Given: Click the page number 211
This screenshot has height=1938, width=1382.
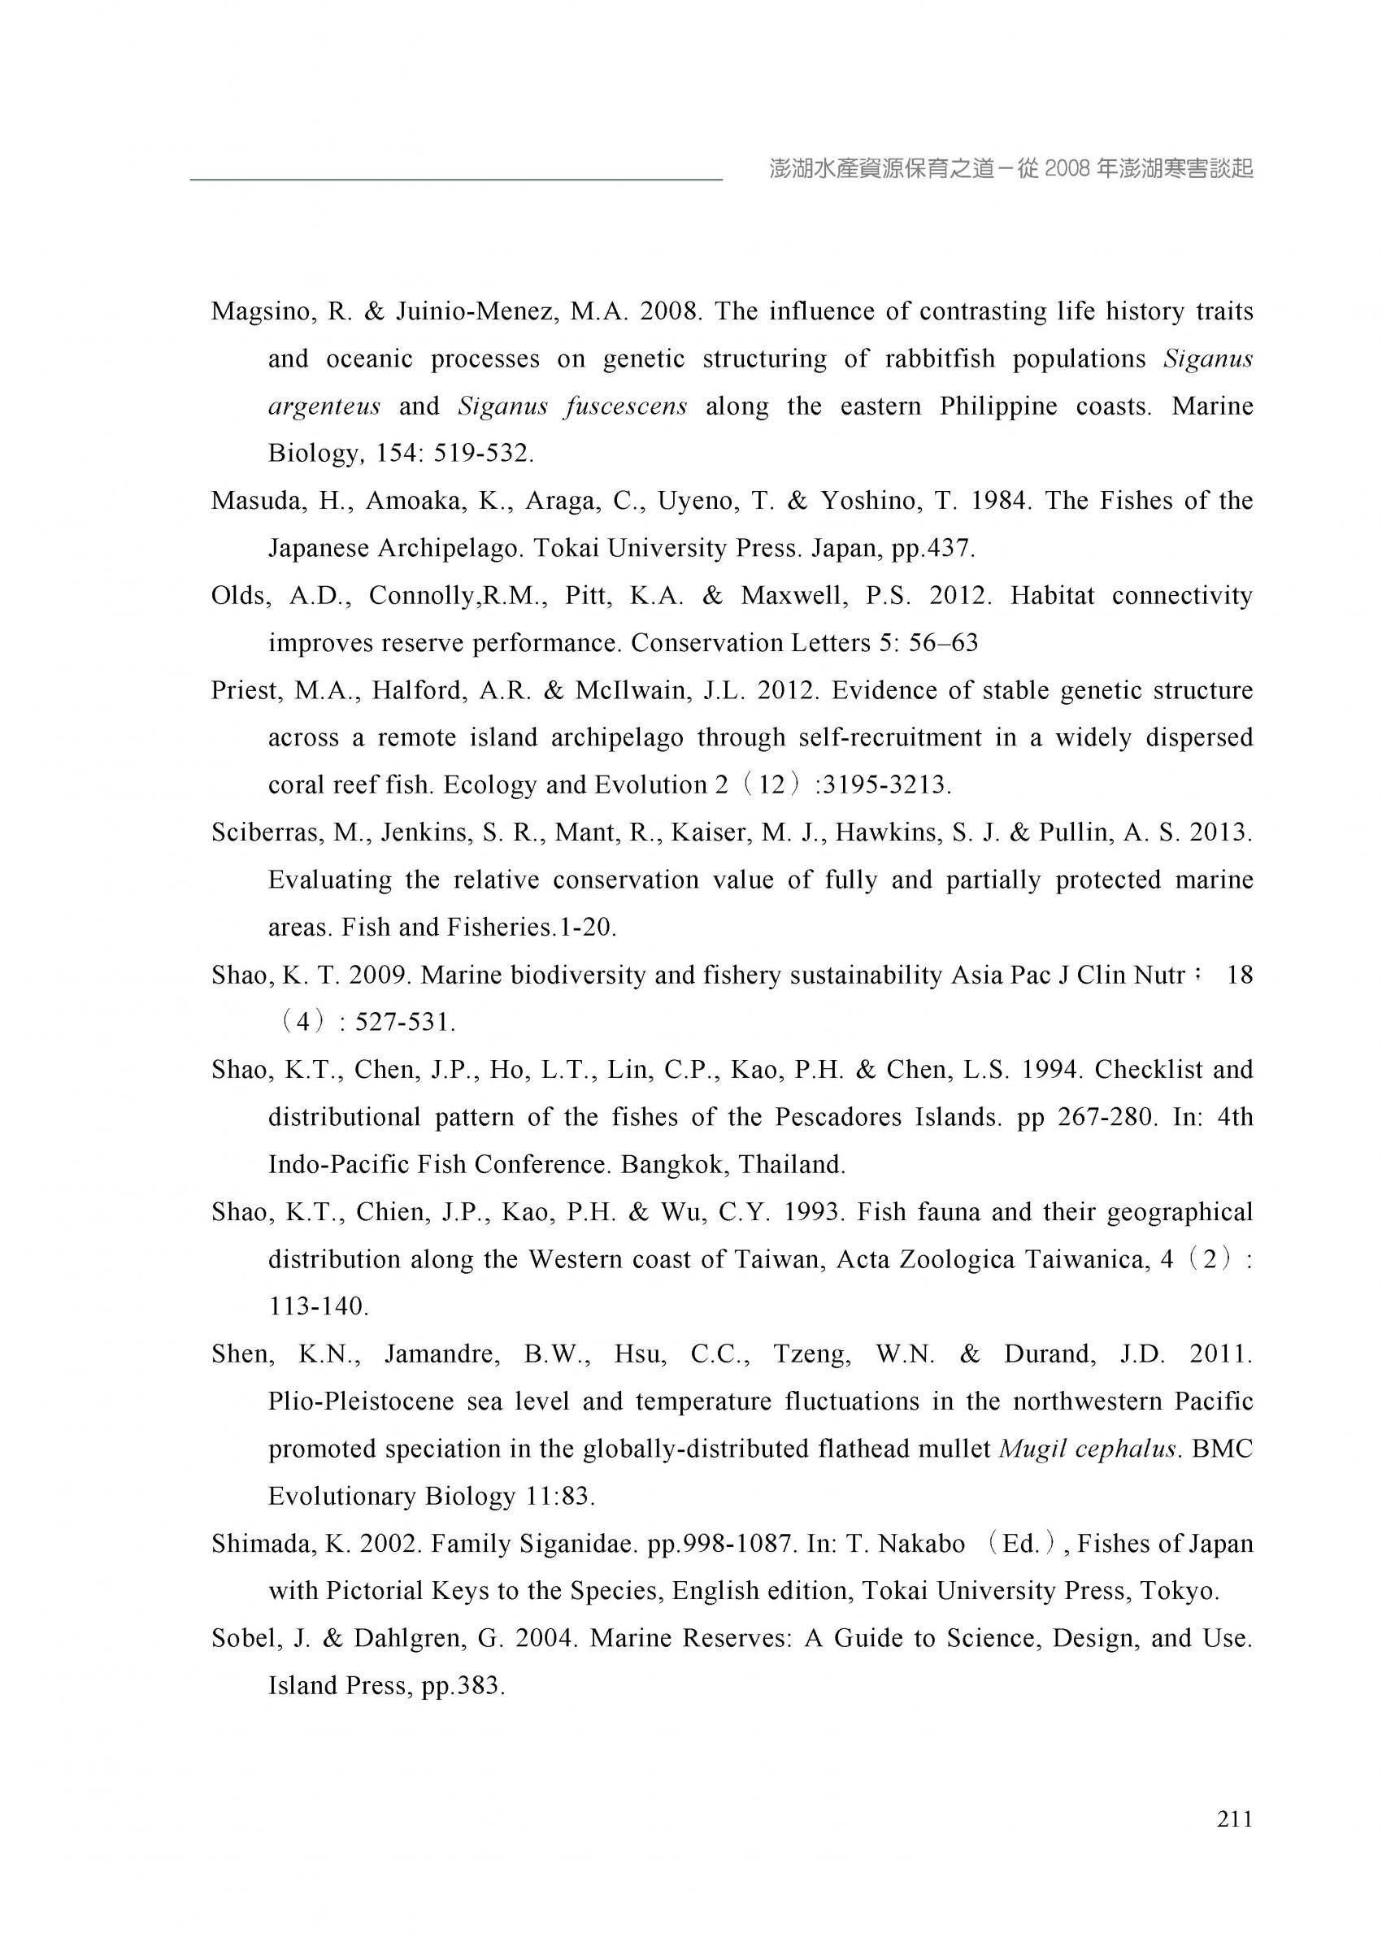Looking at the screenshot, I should (x=1234, y=1818).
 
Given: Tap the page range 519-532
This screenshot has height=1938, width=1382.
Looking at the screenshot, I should (x=483, y=454).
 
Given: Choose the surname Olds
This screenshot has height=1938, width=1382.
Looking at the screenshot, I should (x=240, y=596).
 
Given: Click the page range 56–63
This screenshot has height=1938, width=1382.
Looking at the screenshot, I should (x=943, y=643).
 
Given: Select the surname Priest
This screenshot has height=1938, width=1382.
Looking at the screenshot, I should (x=245, y=690).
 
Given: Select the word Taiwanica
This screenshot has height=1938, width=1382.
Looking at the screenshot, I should (x=1086, y=1259).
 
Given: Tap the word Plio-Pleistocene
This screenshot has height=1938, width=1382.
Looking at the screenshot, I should (x=361, y=1401).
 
